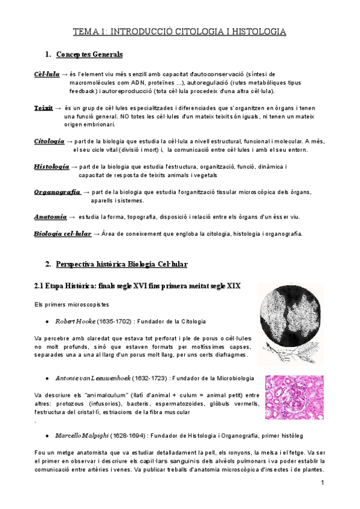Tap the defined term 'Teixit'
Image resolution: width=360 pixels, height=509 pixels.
[43, 107]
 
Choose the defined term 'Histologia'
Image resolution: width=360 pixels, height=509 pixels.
[51, 166]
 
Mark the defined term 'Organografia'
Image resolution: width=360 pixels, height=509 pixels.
[57, 191]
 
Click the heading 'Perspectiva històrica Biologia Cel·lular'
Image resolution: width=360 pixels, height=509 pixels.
[122, 264]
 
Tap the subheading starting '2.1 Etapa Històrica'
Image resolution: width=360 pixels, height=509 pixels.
[137, 286]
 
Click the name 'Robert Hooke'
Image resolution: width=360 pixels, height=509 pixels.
[74, 322]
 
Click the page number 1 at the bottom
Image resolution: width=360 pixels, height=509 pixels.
[322, 483]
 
